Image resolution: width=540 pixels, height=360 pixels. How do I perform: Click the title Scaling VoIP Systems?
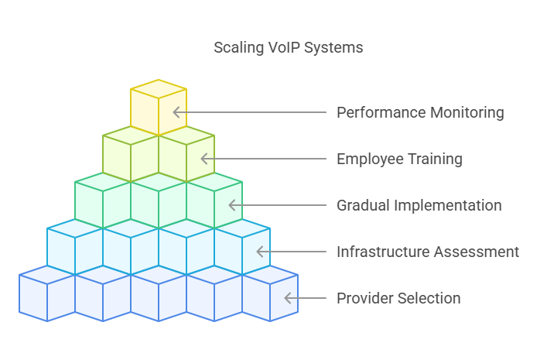pos(288,48)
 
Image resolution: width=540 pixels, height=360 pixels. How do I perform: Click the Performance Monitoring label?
pos(420,112)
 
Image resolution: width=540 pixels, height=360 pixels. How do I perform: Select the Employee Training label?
pos(399,159)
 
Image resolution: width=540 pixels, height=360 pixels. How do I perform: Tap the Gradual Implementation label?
pos(419,205)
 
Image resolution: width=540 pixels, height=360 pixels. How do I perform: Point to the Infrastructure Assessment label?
pos(427,252)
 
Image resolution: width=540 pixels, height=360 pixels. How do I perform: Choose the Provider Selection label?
pos(398,298)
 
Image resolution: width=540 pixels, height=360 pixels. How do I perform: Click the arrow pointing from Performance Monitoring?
pos(248,112)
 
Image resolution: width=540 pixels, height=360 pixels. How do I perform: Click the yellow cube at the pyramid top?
pos(159,107)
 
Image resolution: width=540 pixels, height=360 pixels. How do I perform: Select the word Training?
pos(433,159)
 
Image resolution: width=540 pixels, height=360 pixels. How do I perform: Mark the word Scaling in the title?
pos(237,48)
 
